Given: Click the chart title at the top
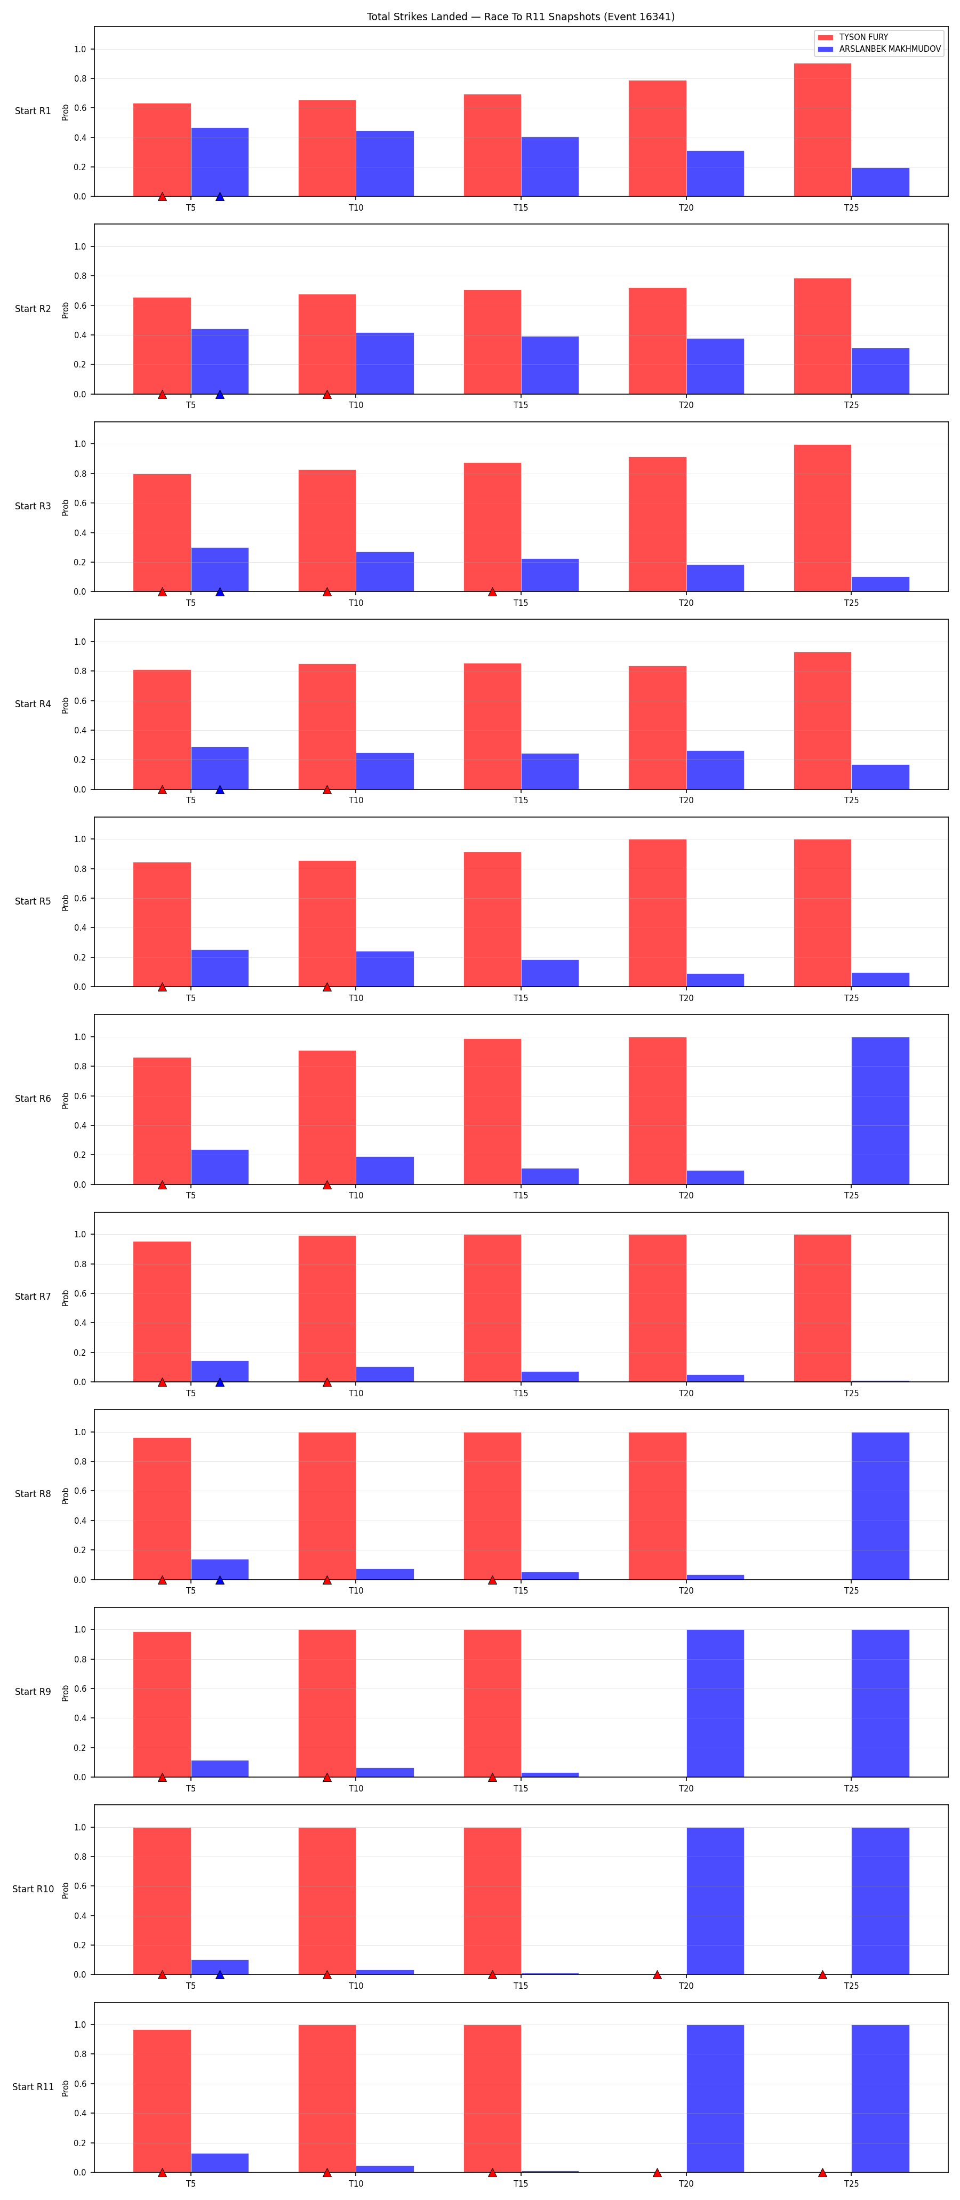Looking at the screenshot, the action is coord(520,16).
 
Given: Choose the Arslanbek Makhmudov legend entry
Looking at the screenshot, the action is coord(879,49).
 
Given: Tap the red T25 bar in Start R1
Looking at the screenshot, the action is coord(822,130).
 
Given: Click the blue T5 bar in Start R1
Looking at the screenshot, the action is coord(220,162).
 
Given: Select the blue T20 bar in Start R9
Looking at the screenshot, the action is coord(715,1703).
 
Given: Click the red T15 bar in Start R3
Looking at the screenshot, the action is coord(492,527).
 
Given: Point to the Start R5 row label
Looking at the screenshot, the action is coord(33,901).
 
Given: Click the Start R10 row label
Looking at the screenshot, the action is coord(33,1889).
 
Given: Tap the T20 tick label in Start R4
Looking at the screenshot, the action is coord(686,800).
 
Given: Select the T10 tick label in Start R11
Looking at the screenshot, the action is coord(355,2183).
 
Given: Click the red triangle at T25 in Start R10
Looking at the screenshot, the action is coord(822,1974).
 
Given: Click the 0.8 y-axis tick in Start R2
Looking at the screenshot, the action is coord(79,276).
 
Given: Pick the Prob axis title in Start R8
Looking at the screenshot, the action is coord(65,1494).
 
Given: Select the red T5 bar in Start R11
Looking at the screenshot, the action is coord(162,2101).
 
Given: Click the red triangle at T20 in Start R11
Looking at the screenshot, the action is coord(657,2172).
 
